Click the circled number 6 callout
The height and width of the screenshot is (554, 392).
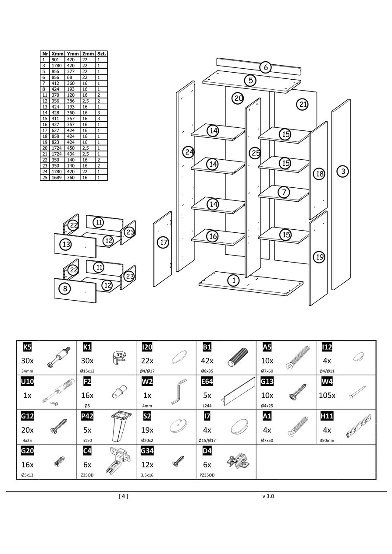click(x=265, y=67)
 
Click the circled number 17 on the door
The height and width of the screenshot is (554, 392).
click(x=163, y=242)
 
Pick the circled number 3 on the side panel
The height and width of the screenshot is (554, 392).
click(x=343, y=171)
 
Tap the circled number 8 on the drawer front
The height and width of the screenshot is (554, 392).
click(x=65, y=288)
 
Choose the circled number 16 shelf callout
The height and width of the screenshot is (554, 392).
click(x=213, y=236)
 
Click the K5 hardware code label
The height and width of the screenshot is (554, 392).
click(x=27, y=347)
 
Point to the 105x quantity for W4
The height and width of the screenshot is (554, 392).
click(x=327, y=395)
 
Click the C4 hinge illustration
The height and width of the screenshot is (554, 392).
click(x=118, y=462)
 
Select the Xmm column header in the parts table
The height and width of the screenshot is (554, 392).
click(x=58, y=53)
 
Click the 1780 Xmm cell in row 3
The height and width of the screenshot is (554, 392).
click(x=57, y=65)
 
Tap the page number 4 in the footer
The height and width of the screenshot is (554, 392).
click(x=124, y=496)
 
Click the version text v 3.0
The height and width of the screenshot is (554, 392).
click(x=268, y=496)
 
